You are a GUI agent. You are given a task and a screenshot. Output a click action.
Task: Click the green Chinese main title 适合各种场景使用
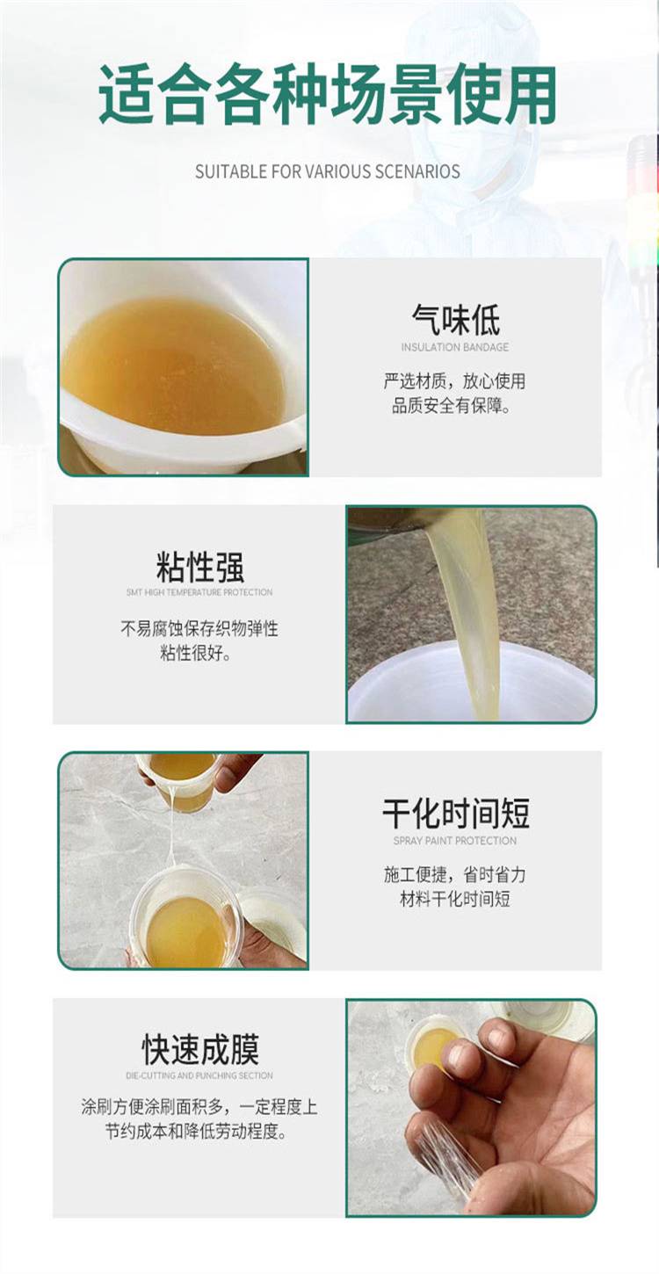328,94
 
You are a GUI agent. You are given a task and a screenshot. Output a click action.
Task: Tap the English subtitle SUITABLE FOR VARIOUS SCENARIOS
328,171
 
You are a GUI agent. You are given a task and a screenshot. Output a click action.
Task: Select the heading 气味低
455,320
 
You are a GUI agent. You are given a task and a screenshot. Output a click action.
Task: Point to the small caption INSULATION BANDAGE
455,347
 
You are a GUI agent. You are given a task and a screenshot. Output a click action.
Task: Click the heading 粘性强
199,567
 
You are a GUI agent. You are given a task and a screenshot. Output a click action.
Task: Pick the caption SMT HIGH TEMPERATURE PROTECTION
199,593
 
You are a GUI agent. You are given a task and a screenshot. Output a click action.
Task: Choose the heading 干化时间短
455,814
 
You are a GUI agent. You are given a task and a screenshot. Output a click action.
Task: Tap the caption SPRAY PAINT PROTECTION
455,841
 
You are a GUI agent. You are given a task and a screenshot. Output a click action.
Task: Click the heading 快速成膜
200,1049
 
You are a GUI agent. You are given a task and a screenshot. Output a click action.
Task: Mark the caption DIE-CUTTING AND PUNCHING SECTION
199,1075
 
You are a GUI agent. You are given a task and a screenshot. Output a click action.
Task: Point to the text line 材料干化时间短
455,899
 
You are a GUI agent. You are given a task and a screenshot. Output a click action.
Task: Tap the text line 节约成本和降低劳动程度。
197,1132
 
